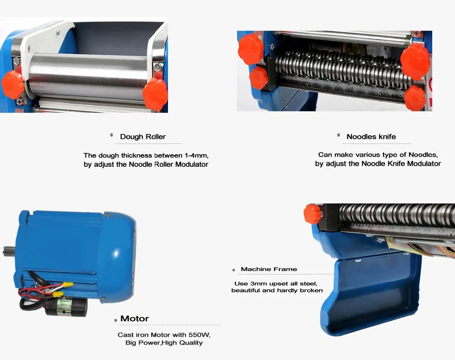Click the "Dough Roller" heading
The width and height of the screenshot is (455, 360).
click(x=142, y=137)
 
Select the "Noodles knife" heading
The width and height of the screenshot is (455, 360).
click(x=371, y=137)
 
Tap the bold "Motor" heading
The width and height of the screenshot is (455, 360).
click(x=134, y=319)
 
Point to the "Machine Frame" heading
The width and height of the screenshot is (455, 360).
click(x=268, y=269)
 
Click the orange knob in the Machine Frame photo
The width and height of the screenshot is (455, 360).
click(x=313, y=213)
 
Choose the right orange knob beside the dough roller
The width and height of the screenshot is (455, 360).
click(x=155, y=93)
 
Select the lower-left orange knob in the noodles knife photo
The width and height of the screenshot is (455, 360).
click(x=259, y=78)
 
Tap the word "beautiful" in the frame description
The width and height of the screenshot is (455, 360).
click(x=247, y=290)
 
